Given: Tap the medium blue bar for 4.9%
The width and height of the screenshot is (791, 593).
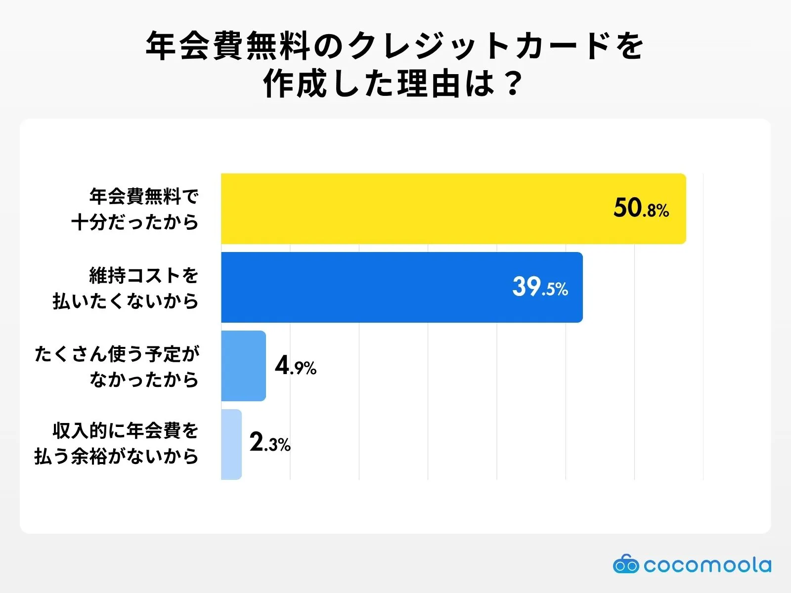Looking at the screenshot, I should point(243,366).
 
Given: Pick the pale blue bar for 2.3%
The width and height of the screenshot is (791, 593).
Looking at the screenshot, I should point(231,444).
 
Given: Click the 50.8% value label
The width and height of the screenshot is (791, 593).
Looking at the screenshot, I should point(641,208).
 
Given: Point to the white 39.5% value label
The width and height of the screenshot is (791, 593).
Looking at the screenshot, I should point(540,287).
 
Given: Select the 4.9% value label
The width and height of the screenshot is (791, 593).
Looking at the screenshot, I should point(296,366).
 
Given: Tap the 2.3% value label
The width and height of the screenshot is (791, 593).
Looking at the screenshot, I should point(270,443).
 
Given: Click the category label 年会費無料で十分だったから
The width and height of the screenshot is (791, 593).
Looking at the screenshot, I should point(135,209).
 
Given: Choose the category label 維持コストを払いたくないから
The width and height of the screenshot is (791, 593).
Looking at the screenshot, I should point(126,288).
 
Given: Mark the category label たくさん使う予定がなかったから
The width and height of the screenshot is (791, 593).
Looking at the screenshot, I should point(117,366).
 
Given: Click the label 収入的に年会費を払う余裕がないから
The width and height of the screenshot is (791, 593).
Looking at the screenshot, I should point(117,443).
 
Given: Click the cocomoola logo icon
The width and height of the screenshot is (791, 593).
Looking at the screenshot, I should point(626,564).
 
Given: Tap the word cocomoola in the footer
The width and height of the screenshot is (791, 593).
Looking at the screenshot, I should point(707,565).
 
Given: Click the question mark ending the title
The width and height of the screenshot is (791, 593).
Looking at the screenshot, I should point(513,84).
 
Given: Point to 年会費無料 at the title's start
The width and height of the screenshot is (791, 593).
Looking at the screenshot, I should point(228,46).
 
